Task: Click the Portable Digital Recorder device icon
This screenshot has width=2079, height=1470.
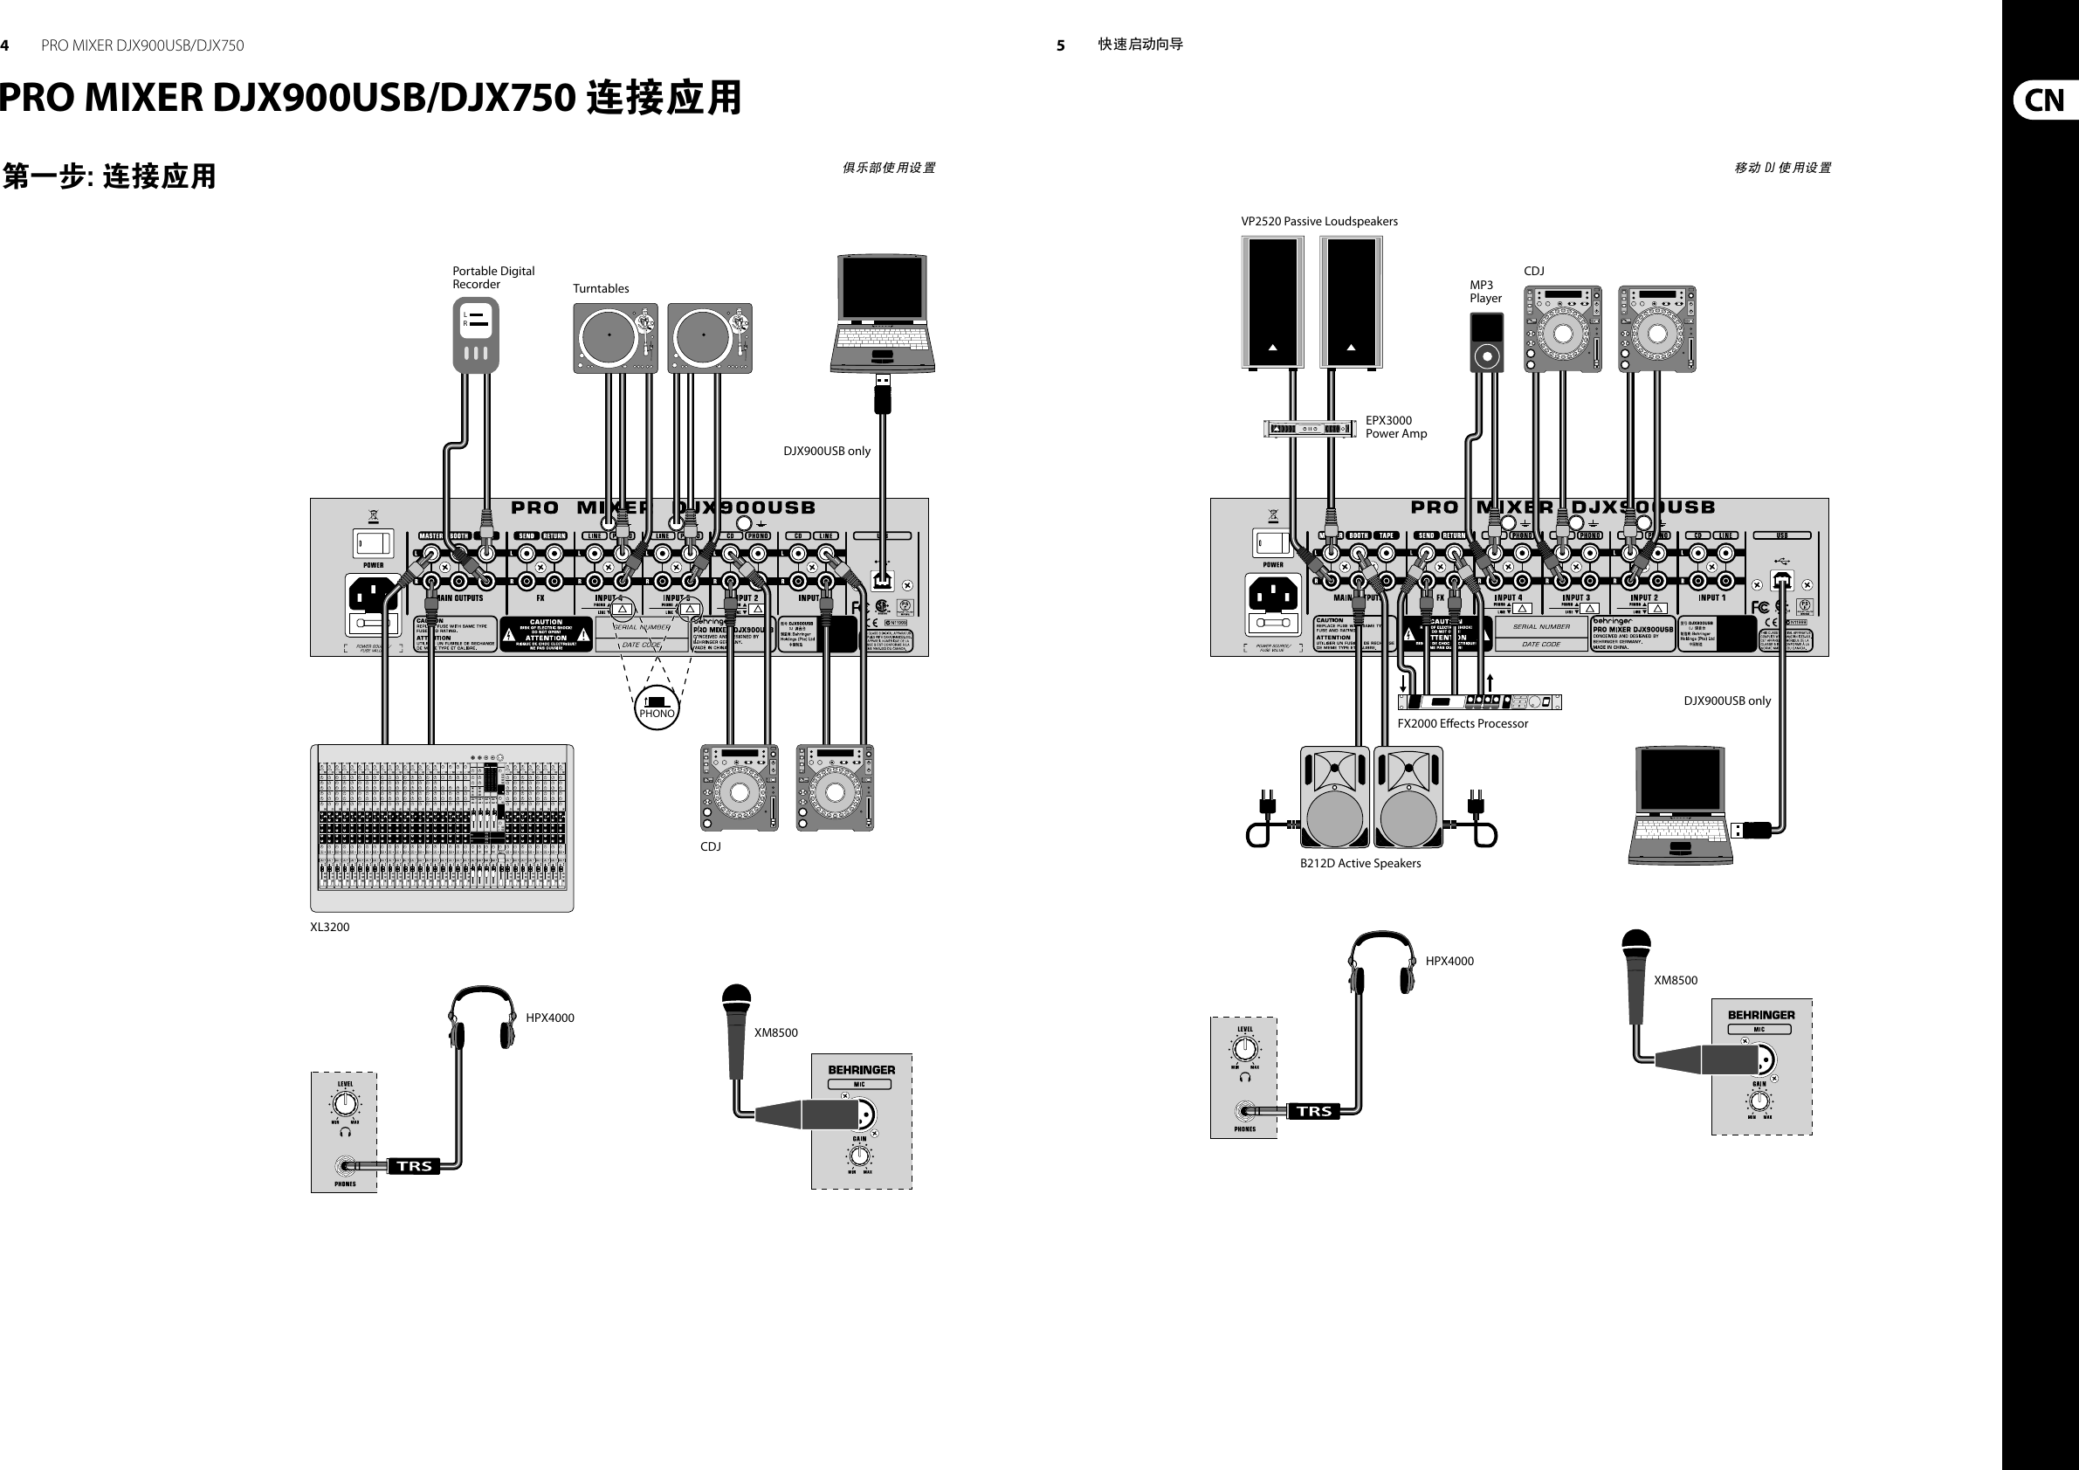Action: tap(475, 335)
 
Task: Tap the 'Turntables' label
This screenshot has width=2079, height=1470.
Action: tap(601, 288)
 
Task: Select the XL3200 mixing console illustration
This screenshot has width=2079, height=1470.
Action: tap(442, 828)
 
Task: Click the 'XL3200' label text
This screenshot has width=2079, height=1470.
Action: tap(329, 927)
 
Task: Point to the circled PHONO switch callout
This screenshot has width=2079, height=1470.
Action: tap(657, 707)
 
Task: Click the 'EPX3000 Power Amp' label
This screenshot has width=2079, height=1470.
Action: tap(1395, 426)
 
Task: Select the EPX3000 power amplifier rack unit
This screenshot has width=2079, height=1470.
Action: tap(1310, 428)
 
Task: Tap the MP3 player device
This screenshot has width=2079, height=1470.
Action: tap(1486, 342)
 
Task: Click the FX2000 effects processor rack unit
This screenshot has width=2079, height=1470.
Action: tap(1479, 701)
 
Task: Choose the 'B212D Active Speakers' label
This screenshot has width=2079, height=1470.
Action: tap(1360, 863)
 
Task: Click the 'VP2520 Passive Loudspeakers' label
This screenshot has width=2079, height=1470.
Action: tap(1318, 221)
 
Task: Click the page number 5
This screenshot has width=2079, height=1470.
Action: tap(1060, 45)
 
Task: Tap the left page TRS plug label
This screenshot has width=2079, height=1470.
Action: tap(415, 1166)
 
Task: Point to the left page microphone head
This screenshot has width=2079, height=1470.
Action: tap(737, 1002)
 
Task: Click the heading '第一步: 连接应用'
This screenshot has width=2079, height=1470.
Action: tap(109, 176)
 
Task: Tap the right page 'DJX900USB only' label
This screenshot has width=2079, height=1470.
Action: tap(1727, 700)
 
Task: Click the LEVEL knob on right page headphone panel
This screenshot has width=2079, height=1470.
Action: tap(1245, 1049)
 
